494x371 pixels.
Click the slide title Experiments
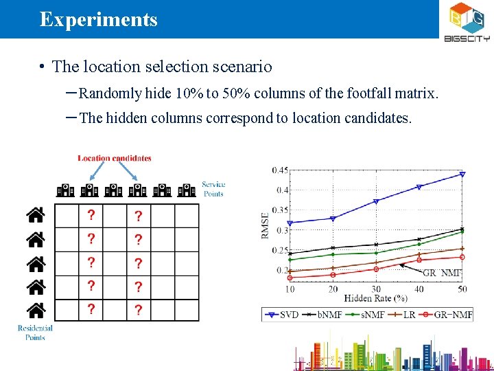(98, 19)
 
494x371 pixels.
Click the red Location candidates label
(115, 158)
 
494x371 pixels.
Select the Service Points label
(213, 189)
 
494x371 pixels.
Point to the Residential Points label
(35, 333)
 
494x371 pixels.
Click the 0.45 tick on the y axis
(280, 170)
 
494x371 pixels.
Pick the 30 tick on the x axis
(376, 289)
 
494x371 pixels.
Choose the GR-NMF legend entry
(449, 315)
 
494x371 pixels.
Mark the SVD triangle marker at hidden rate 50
(462, 174)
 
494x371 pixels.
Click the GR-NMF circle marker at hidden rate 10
(290, 278)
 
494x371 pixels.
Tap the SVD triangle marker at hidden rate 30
(376, 201)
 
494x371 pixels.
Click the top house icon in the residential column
(36, 216)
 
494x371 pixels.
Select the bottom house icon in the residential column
(36, 310)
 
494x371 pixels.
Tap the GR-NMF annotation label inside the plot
(443, 273)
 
